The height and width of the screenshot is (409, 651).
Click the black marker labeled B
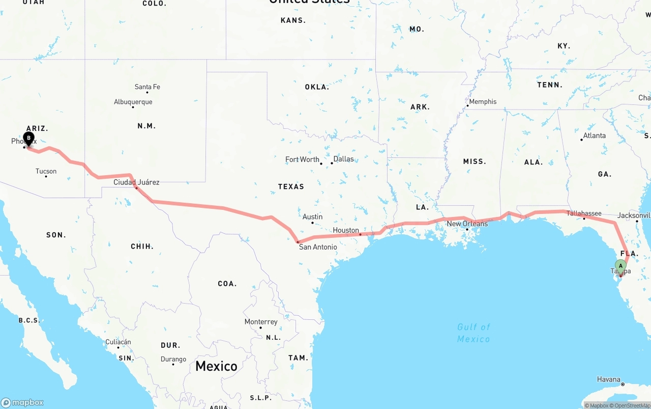point(28,138)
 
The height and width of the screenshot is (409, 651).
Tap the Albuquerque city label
point(133,102)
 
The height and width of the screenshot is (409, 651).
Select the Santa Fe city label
point(147,87)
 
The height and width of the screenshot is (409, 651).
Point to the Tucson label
point(46,171)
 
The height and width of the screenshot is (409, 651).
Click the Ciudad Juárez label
point(136,182)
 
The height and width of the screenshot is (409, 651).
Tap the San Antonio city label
point(317,247)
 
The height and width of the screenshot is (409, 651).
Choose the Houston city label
point(346,230)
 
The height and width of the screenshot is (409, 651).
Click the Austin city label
point(312,216)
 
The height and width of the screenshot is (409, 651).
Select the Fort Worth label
point(302,159)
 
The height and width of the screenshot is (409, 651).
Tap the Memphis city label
point(482,101)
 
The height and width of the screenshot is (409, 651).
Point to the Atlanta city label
point(594,135)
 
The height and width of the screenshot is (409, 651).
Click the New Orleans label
point(467,224)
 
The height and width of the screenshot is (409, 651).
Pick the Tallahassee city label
point(584,213)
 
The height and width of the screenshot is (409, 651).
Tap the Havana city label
point(609,379)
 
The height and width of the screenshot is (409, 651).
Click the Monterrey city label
point(261,322)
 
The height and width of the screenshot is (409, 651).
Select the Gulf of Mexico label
point(474,333)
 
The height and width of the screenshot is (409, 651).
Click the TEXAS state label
point(291,186)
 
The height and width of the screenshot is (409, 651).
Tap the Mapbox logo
point(22,402)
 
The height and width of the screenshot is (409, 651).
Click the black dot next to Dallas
point(332,163)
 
